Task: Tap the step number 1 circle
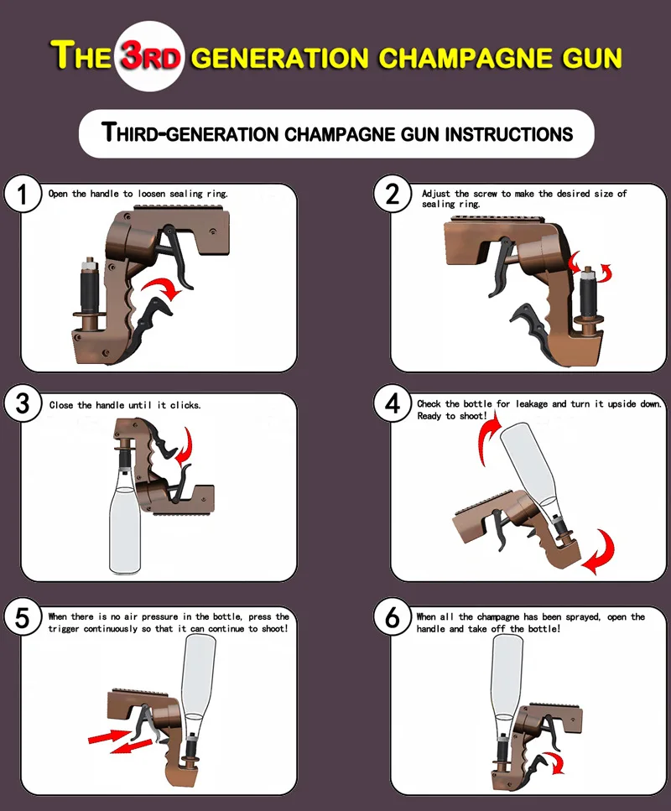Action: (x=23, y=196)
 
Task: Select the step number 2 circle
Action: (x=393, y=195)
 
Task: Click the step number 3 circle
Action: (x=23, y=405)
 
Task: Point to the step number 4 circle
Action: (x=393, y=405)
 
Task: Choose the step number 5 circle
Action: (x=23, y=619)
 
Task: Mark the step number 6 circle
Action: (x=393, y=619)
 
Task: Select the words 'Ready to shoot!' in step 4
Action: (x=452, y=416)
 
